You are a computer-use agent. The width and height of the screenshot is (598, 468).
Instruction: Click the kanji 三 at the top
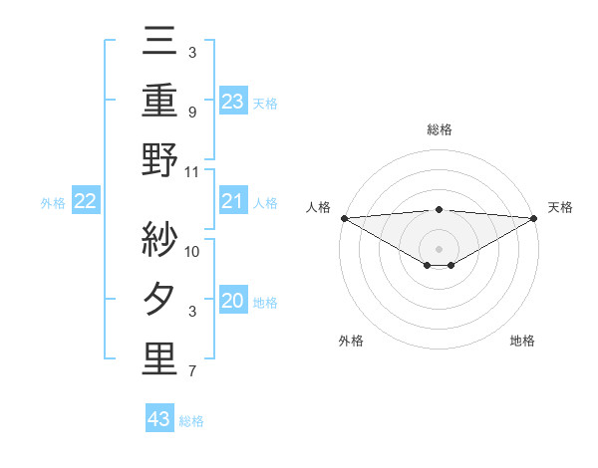(x=159, y=42)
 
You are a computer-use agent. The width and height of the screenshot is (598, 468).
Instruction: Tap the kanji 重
(x=159, y=100)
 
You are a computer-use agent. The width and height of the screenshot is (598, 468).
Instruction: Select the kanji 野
(x=159, y=159)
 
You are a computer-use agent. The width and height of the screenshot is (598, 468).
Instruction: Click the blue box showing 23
(x=232, y=101)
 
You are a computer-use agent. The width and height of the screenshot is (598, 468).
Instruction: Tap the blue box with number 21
(x=232, y=202)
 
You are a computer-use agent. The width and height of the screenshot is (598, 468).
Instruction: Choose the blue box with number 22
(x=86, y=202)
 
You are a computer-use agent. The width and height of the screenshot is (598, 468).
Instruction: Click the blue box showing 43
(x=159, y=419)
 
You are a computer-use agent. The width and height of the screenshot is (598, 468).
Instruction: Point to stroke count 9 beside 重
(x=191, y=113)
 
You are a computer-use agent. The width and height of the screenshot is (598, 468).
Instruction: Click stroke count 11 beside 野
(x=192, y=172)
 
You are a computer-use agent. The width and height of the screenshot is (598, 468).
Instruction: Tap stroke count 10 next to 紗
(x=192, y=251)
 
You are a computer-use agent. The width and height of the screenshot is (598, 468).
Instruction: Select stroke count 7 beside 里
(x=191, y=372)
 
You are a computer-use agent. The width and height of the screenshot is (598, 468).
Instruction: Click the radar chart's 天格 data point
(x=534, y=218)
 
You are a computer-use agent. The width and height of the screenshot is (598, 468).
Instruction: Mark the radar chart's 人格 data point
(x=344, y=218)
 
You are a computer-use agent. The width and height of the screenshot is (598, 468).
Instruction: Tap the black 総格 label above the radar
(x=439, y=129)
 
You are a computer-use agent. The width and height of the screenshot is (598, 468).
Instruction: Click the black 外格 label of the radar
(x=351, y=341)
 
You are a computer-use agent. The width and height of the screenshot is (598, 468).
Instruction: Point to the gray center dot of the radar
(x=439, y=247)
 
